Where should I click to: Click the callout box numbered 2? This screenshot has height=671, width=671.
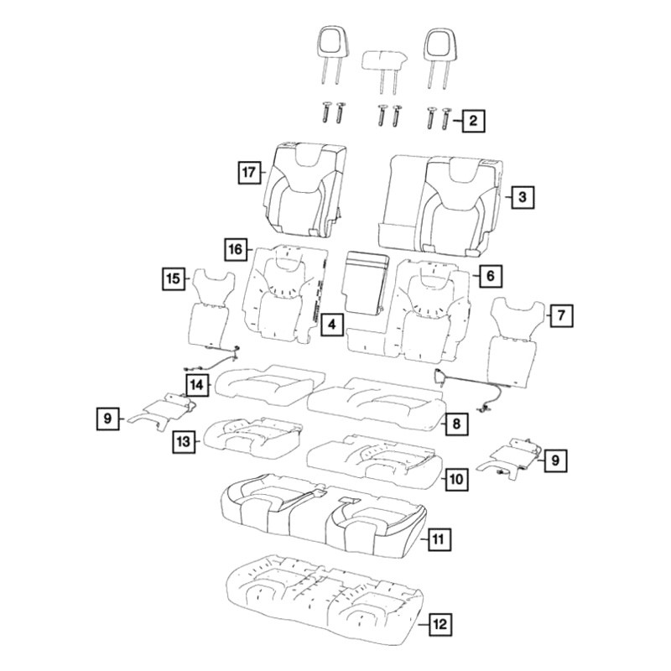pos(473,121)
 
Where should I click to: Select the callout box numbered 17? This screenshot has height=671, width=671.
pos(249,173)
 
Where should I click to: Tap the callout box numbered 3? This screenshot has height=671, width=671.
pos(523,197)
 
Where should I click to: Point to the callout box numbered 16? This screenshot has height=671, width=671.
pos(237,249)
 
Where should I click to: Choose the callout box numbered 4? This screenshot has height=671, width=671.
pos(332,325)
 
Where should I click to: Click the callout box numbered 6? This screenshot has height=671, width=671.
pos(491,276)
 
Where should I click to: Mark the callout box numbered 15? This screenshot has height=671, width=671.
pos(174,279)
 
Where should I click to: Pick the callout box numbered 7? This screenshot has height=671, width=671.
pos(561,316)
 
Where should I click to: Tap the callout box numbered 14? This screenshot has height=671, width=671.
pos(197,385)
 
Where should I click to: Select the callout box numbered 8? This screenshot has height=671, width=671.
pos(456,424)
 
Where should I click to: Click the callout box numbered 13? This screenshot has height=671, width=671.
pos(184,441)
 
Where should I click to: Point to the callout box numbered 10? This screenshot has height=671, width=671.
pos(456,479)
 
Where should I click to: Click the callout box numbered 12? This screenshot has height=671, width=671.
pos(440,624)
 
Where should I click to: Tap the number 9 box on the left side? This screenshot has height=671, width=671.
pos(107,418)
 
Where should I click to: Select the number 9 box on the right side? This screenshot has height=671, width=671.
pos(555,460)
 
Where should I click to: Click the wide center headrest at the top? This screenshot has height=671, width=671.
pos(384,60)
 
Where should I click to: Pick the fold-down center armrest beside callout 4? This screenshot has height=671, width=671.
pos(366,283)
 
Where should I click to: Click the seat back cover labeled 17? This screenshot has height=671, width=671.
pos(305,190)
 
